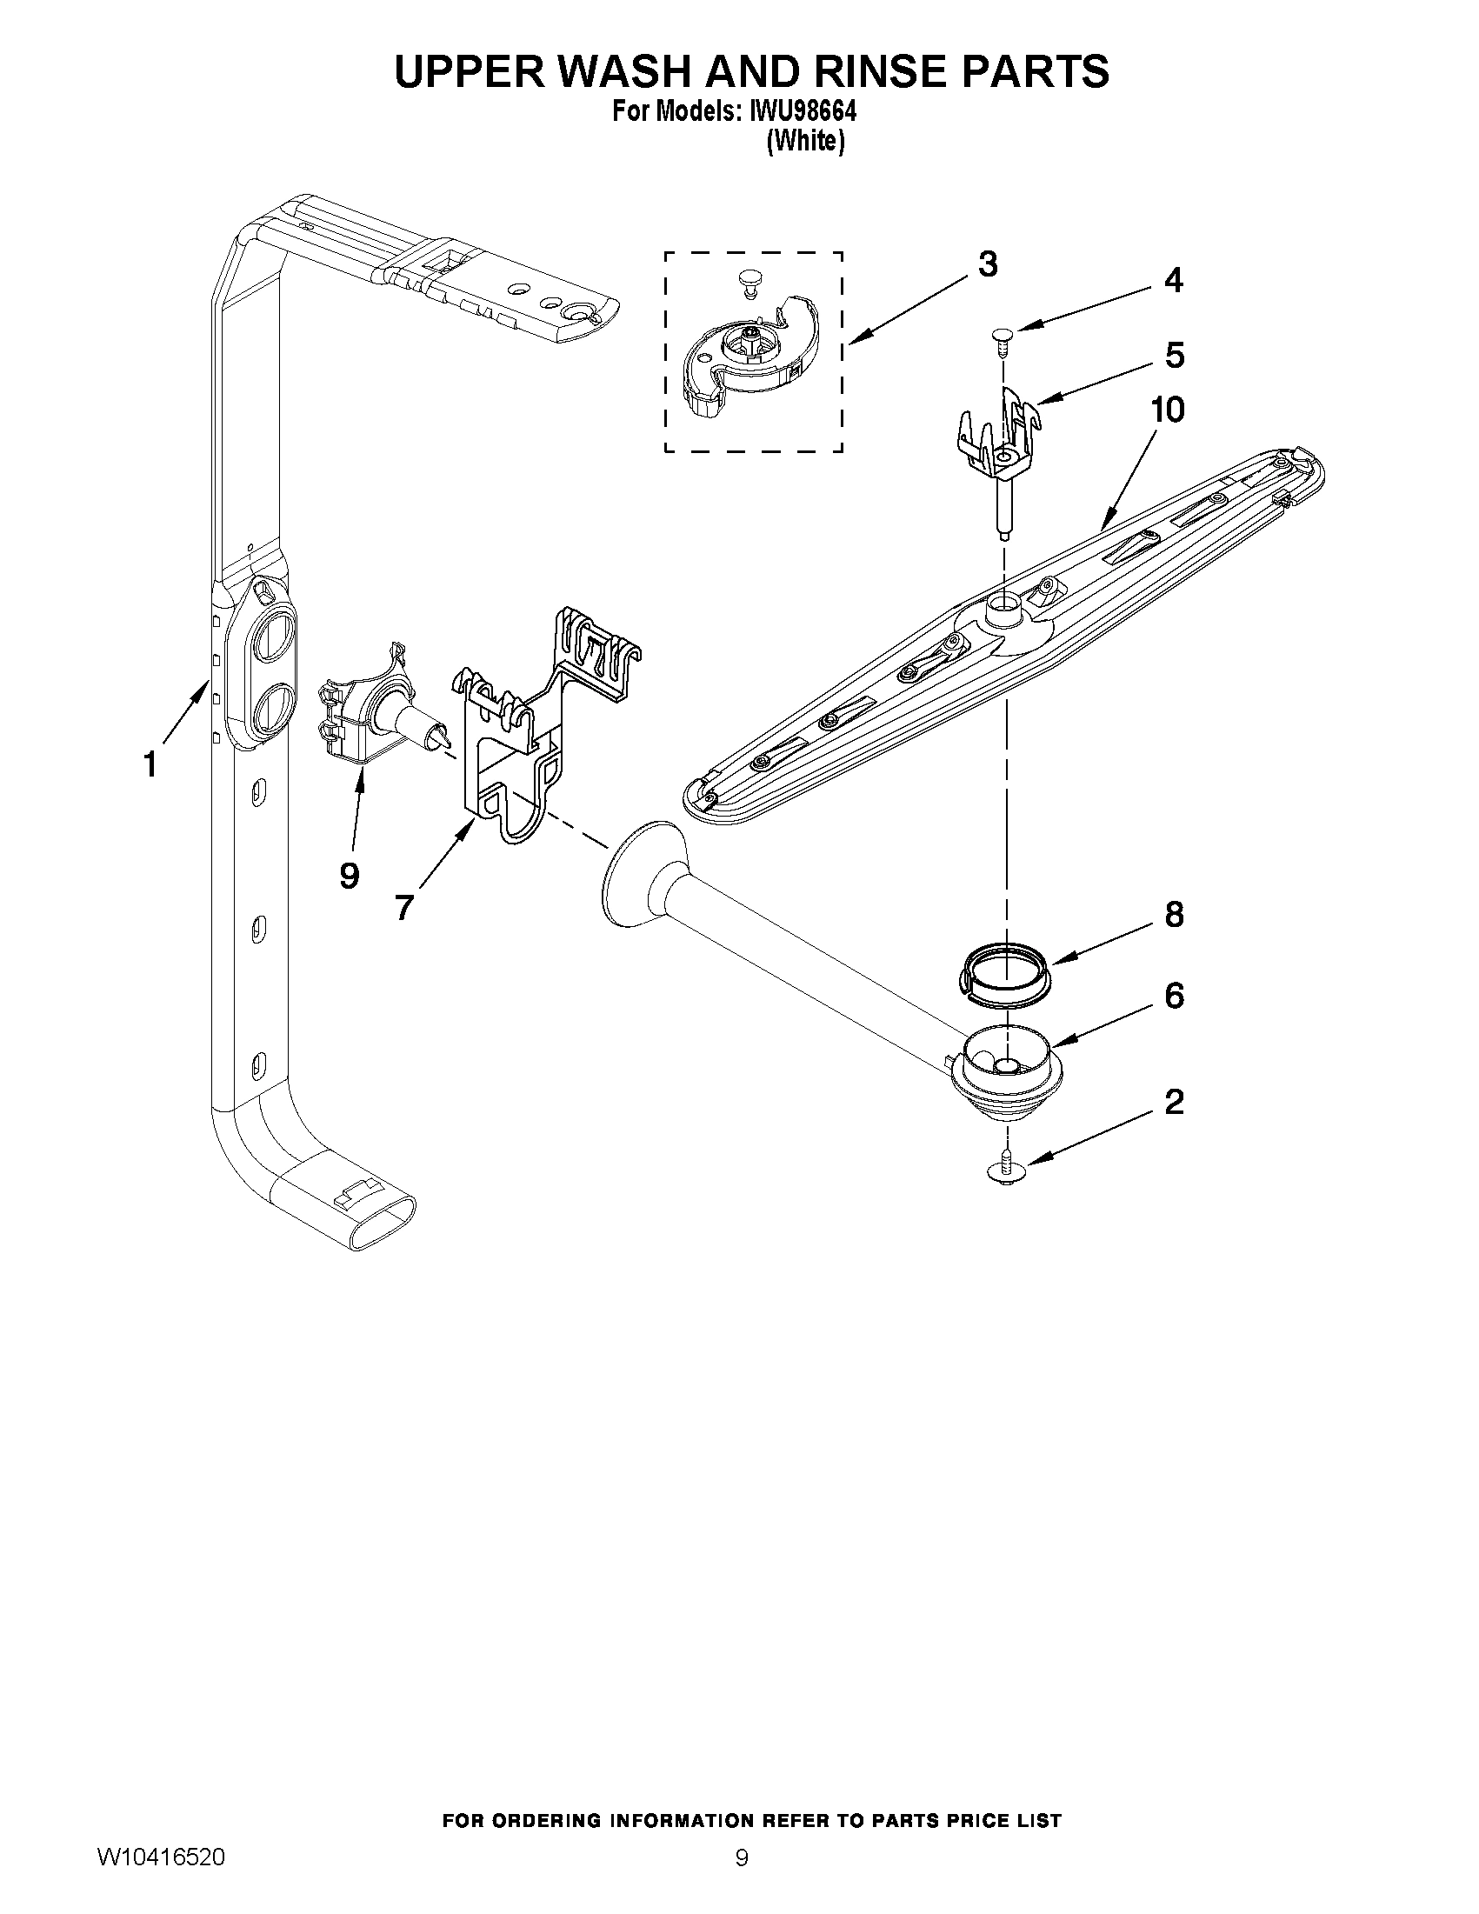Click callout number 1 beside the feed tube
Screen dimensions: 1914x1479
150,764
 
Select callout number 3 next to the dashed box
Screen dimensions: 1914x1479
988,263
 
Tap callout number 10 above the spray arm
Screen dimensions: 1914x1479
1167,410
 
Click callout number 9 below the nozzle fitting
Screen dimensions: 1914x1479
349,875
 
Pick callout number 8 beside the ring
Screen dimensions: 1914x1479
1174,915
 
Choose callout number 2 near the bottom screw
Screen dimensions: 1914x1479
1174,1102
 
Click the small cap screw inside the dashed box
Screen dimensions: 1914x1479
748,280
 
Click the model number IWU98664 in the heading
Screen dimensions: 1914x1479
801,112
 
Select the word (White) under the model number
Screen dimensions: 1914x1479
805,141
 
